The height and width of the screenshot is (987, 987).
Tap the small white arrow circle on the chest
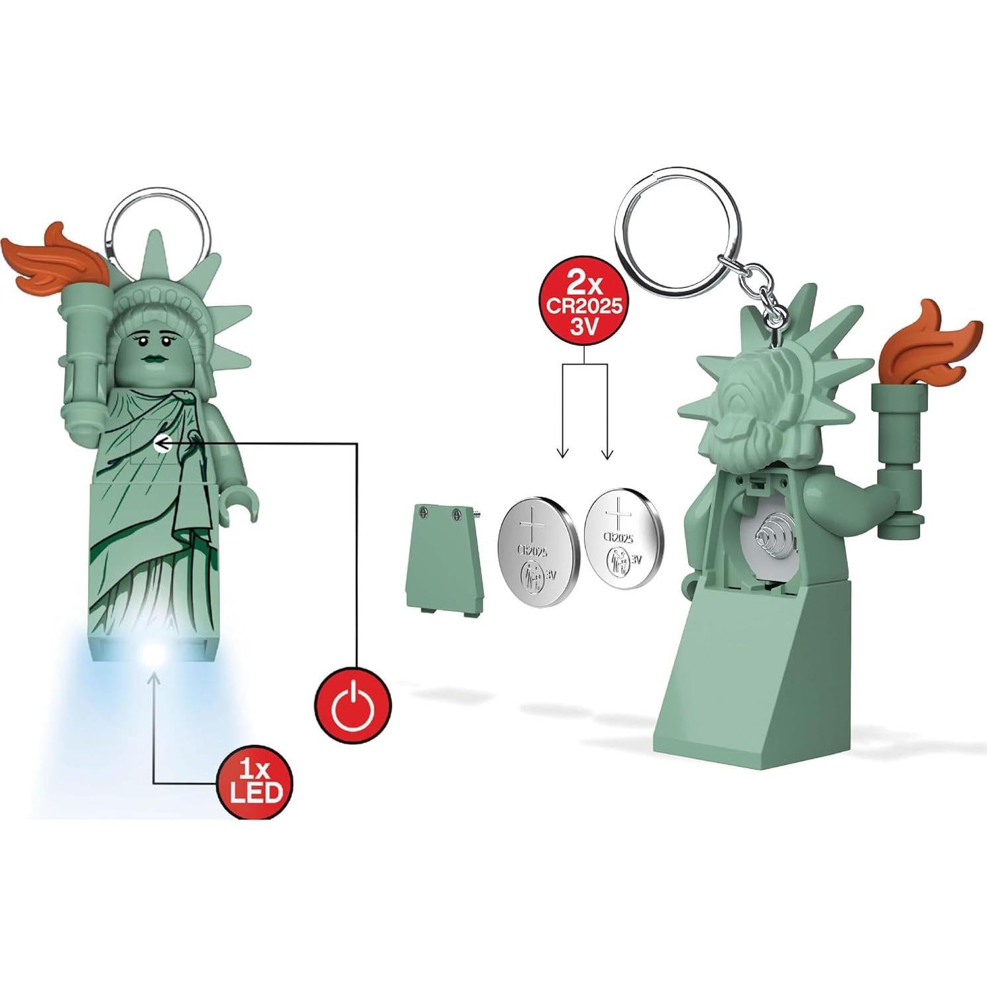point(161,445)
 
